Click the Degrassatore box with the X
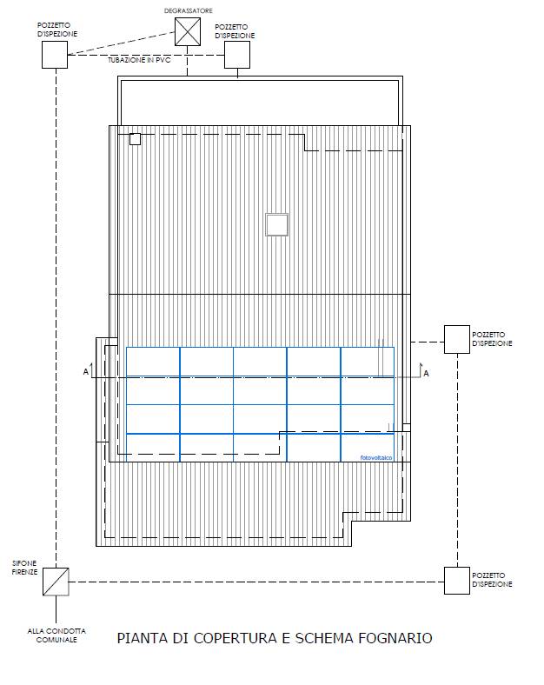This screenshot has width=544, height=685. (188, 31)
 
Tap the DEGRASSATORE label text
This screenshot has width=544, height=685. (189, 10)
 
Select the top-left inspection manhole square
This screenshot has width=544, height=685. (55, 55)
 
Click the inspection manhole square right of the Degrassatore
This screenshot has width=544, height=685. (237, 55)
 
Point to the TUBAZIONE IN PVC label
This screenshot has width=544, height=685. (139, 60)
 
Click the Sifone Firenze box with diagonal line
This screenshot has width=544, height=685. (56, 582)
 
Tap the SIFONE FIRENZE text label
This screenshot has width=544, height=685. (25, 568)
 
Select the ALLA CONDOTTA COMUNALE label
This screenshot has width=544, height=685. (56, 635)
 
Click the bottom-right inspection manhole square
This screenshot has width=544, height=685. (457, 581)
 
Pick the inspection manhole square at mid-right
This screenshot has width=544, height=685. (457, 339)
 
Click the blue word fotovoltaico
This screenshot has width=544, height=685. (376, 457)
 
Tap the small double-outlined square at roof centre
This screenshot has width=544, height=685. (277, 224)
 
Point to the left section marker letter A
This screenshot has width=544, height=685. (86, 372)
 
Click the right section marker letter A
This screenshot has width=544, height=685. (426, 374)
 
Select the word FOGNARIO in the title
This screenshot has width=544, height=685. (395, 638)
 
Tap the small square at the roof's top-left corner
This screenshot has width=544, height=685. (135, 139)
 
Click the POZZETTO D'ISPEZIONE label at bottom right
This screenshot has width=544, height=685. (492, 580)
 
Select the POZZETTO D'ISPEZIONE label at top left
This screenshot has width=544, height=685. (57, 30)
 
